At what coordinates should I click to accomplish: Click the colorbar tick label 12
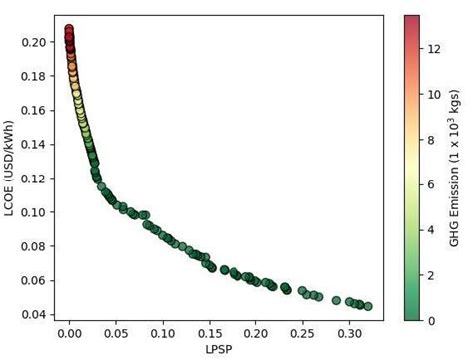coord(435,48)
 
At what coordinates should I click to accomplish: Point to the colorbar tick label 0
coord(432,320)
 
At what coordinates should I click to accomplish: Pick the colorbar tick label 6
coord(432,184)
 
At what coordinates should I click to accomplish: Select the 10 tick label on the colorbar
coord(435,94)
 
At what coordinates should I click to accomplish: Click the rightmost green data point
coord(368,306)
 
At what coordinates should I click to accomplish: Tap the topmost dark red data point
coord(69,29)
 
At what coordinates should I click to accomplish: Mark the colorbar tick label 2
coord(432,275)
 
